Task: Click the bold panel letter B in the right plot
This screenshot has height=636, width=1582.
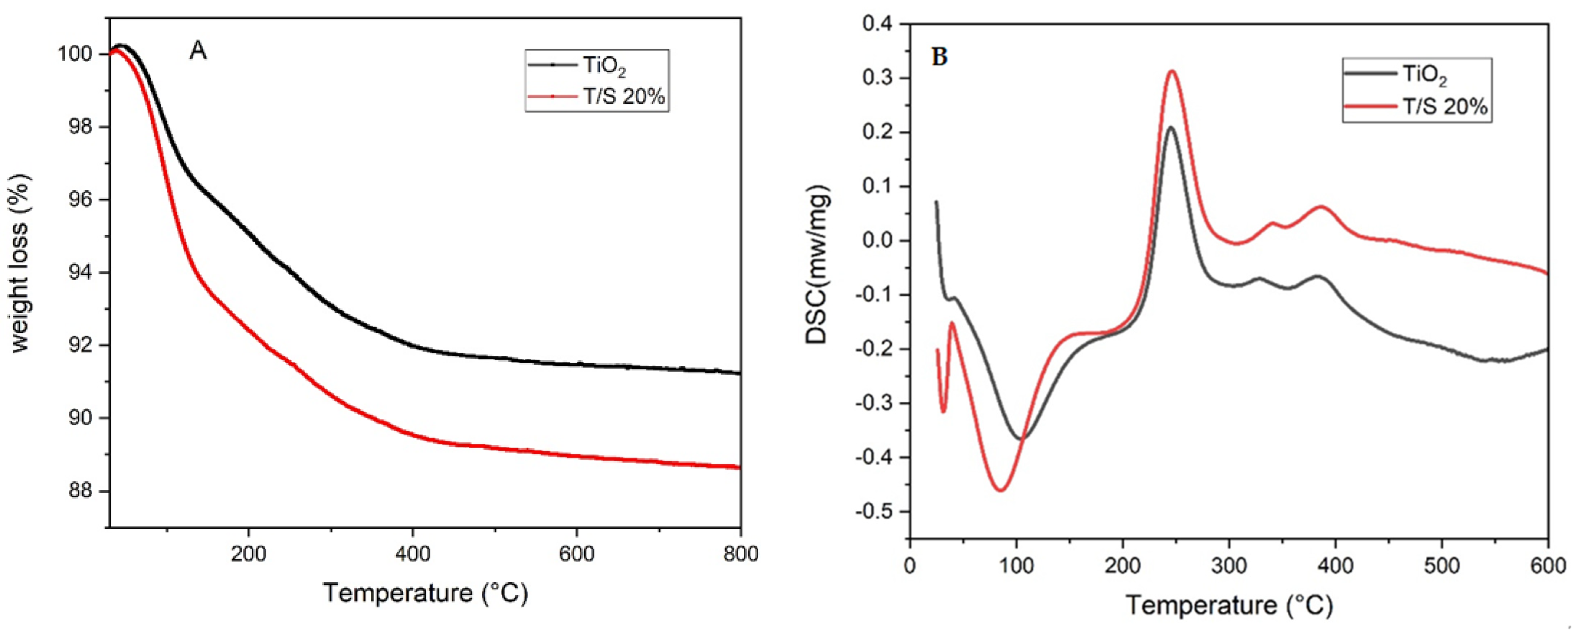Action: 940,57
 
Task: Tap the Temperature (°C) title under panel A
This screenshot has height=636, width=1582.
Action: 425,593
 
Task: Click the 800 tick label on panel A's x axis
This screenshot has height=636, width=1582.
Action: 740,554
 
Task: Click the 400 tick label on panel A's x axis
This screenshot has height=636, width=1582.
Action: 413,554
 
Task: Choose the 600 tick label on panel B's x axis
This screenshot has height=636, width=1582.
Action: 1547,566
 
